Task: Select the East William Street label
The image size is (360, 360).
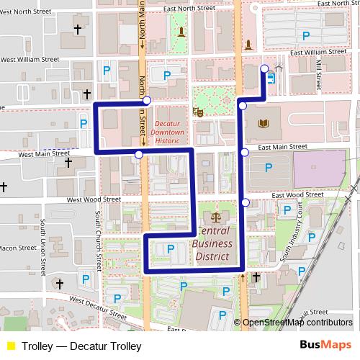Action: pos(318,53)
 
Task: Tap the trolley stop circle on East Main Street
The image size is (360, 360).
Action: pos(245,152)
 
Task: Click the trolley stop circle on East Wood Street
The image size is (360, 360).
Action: pos(245,202)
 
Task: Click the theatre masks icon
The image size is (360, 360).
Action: pos(196,112)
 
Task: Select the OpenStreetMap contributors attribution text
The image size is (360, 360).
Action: pos(297,323)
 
